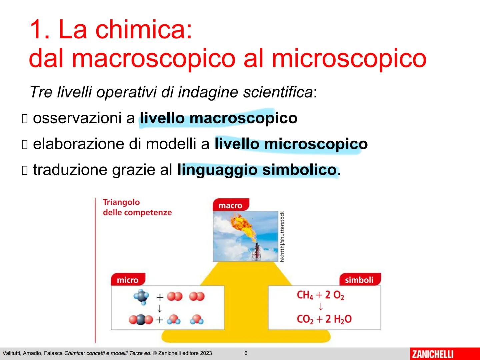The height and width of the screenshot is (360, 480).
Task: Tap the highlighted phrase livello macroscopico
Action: [x=218, y=118]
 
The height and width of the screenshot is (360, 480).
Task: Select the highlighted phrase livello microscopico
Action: [x=291, y=144]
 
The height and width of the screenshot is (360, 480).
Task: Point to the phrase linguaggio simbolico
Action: [x=257, y=170]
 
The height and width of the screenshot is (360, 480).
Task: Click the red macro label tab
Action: [x=230, y=205]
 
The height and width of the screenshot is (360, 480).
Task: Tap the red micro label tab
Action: [x=128, y=280]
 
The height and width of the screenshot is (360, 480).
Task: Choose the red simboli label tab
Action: [x=359, y=280]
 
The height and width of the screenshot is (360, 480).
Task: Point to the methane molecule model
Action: [x=142, y=296]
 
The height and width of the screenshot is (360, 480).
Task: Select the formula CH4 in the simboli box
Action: [x=305, y=295]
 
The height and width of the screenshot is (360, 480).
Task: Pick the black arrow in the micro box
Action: [x=160, y=308]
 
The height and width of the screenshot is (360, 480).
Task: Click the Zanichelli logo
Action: [x=433, y=354]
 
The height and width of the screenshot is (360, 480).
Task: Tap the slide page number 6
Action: [x=246, y=353]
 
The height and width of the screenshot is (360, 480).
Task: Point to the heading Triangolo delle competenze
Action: [x=137, y=207]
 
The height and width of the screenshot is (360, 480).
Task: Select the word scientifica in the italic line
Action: [x=278, y=92]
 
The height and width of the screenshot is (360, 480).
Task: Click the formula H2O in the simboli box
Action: [x=342, y=319]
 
